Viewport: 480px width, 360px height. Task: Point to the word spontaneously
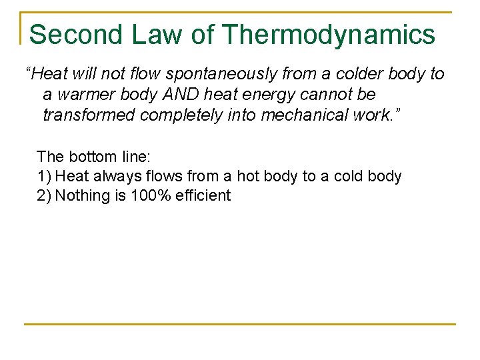point(214,73)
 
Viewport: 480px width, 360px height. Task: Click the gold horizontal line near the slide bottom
point(240,325)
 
